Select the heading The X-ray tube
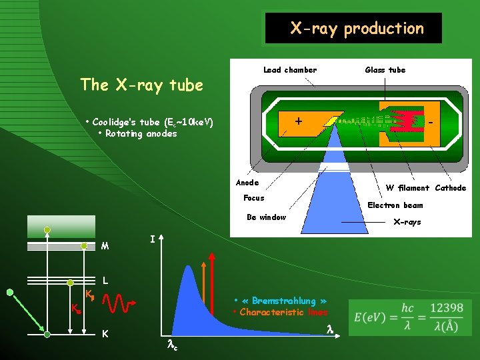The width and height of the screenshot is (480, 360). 141,85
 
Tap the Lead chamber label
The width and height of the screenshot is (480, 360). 290,69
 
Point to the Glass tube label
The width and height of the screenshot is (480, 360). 385,69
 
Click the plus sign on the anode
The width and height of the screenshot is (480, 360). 298,121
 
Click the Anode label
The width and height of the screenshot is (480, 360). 247,183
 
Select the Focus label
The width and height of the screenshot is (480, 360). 253,198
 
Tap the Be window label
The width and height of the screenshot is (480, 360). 266,217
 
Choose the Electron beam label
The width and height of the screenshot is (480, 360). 395,205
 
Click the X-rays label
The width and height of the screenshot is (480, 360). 407,222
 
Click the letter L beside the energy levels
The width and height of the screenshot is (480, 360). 105,281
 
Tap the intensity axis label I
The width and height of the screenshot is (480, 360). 153,238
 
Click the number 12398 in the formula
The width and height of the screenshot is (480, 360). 446,307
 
